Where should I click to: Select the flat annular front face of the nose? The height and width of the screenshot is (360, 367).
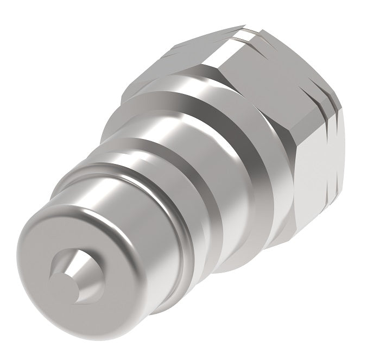click(54, 239)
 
